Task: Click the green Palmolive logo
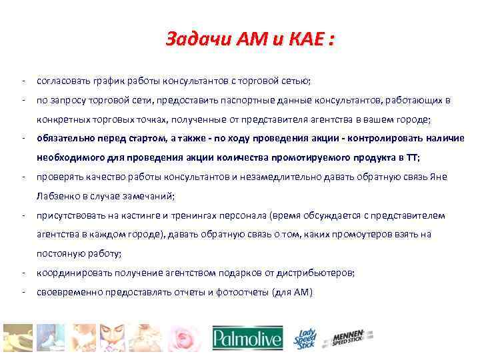coord(247,339)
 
